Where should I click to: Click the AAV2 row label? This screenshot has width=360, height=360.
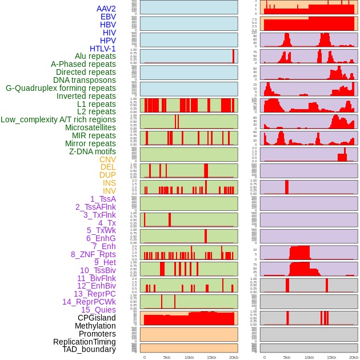coord(106,9)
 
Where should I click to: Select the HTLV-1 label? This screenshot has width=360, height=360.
coord(102,49)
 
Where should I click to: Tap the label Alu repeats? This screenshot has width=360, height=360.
coord(95,57)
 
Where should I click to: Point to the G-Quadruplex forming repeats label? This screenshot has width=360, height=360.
coord(61,88)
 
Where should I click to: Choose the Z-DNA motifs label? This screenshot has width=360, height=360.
coord(92,151)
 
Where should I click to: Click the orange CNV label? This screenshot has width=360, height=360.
coord(107,159)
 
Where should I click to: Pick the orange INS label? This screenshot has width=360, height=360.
coord(109,183)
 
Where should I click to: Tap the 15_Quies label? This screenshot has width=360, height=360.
coord(98,310)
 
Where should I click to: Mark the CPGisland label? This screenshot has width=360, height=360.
coord(97,318)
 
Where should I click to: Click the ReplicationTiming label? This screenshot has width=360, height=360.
coord(84,342)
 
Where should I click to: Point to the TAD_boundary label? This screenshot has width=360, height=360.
coord(89,349)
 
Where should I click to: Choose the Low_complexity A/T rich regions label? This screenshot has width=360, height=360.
coord(58,119)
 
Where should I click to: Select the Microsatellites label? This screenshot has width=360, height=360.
coord(90,127)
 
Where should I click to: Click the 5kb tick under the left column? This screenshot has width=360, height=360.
coord(167,357)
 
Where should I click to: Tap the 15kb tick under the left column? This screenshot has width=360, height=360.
coord(211,357)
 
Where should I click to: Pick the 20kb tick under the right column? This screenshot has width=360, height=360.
coord(354,357)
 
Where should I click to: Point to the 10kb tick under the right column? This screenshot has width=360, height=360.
coord(309,357)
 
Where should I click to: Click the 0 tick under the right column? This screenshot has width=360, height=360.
coord(264,357)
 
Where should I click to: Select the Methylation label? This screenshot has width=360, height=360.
coord(95,326)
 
